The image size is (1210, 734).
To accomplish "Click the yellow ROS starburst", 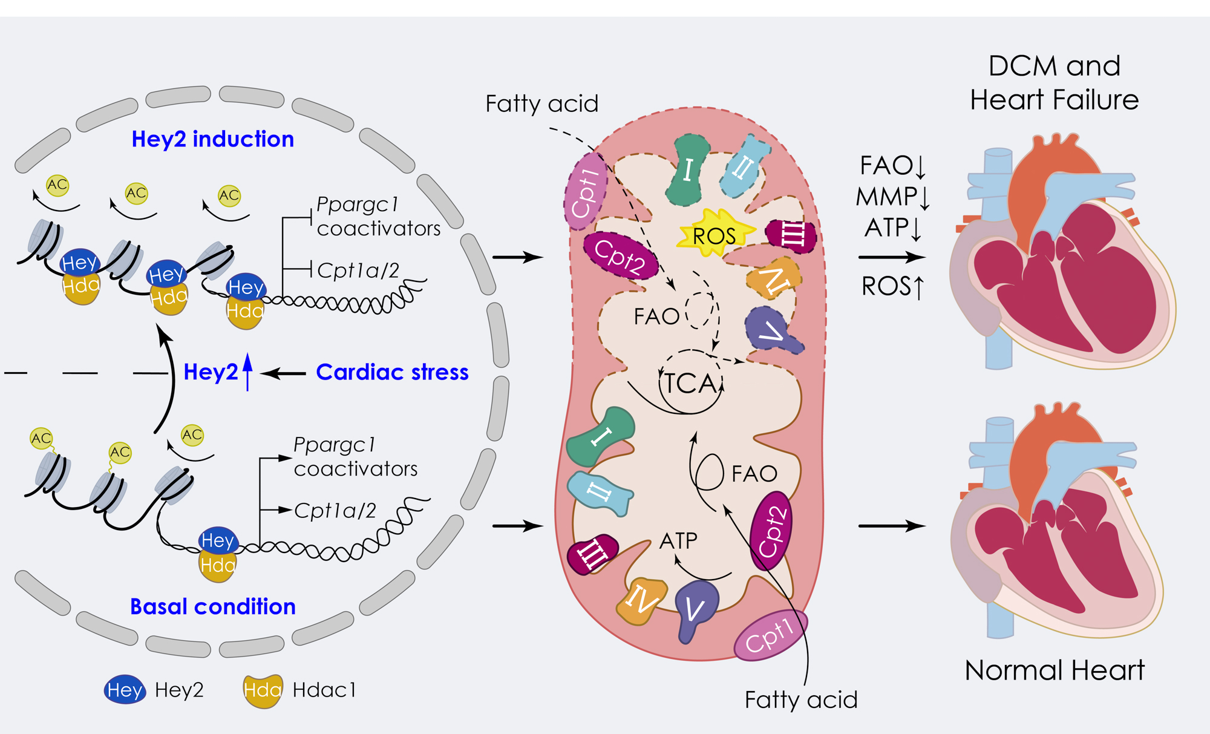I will click(715, 234).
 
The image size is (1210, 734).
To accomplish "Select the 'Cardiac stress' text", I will click(392, 372).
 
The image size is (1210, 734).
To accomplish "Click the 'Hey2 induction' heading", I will click(212, 139).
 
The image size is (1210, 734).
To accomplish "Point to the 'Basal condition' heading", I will click(212, 606).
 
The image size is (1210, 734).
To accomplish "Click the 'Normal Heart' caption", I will click(1054, 670).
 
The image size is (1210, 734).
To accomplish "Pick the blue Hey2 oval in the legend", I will click(125, 689).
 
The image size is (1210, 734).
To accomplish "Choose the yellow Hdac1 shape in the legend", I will click(262, 690).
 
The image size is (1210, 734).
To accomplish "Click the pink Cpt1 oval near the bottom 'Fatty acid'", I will click(770, 635).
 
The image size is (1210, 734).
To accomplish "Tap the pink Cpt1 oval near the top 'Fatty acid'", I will click(586, 191).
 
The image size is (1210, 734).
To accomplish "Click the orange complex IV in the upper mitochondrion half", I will click(775, 278).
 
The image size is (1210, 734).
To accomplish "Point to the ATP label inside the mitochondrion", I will click(678, 540).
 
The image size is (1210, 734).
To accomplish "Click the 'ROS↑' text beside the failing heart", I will click(892, 286).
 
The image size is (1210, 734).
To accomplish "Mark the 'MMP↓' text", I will click(892, 197).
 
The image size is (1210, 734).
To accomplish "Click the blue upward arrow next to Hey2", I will click(247, 372).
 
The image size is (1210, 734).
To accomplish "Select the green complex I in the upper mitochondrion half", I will click(688, 169).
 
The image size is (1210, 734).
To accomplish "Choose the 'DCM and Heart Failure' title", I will click(1054, 82).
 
